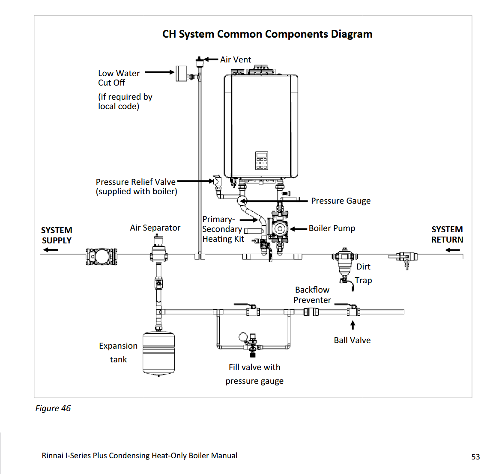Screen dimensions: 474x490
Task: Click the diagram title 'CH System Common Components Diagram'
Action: point(267,34)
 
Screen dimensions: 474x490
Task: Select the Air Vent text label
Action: point(236,59)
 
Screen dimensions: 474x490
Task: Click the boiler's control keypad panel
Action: point(261,160)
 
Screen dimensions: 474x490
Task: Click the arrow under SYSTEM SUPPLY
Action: point(50,250)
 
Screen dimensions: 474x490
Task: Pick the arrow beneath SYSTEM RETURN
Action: point(452,250)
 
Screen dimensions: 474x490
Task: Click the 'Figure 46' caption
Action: point(53,408)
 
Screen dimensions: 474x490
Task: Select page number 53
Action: point(475,457)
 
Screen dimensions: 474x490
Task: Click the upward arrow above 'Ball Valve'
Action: point(353,326)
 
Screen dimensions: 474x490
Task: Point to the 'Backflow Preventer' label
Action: point(312,295)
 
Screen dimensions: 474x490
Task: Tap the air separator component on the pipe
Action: point(159,252)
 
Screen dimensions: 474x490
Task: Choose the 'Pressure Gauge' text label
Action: point(341,201)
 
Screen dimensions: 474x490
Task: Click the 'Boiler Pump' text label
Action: point(332,228)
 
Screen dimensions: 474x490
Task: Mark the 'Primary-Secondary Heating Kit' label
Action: point(223,229)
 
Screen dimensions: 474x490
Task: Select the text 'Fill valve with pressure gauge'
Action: point(254,374)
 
